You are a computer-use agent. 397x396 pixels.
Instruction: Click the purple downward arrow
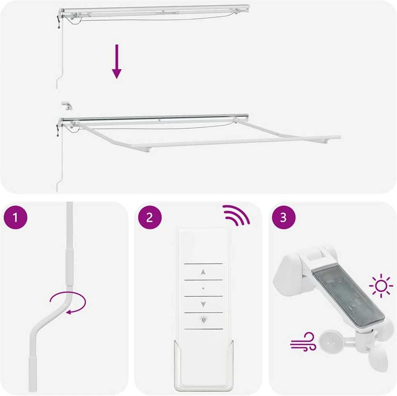(117, 62)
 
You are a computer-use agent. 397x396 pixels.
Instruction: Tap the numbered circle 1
(15, 218)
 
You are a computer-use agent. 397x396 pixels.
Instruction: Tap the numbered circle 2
(150, 218)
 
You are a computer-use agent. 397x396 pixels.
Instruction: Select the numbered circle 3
(283, 218)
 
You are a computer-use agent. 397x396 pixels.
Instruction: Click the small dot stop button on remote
(203, 288)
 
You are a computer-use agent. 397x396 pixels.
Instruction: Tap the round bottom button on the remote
(204, 320)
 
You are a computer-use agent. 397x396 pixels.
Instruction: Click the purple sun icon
(381, 286)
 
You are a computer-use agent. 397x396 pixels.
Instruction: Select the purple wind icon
(303, 342)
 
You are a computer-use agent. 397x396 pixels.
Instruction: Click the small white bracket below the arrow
(67, 106)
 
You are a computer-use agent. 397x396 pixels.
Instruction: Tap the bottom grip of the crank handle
(33, 375)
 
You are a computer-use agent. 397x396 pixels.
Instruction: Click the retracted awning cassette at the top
(155, 11)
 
